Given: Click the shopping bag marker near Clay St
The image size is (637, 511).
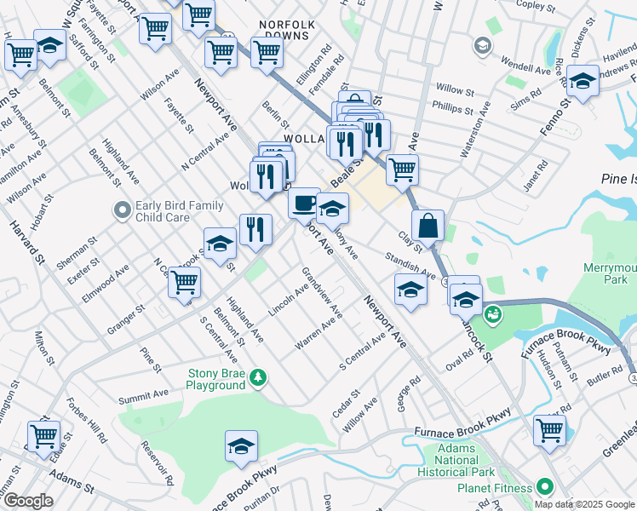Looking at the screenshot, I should pos(428,227).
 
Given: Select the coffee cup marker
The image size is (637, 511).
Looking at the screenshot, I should pos(303,203).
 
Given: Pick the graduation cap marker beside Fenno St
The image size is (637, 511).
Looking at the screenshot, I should pos(582,83).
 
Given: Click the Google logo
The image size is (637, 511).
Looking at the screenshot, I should pos(27,501).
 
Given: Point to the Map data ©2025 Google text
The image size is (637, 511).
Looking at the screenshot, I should pos(584,504).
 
